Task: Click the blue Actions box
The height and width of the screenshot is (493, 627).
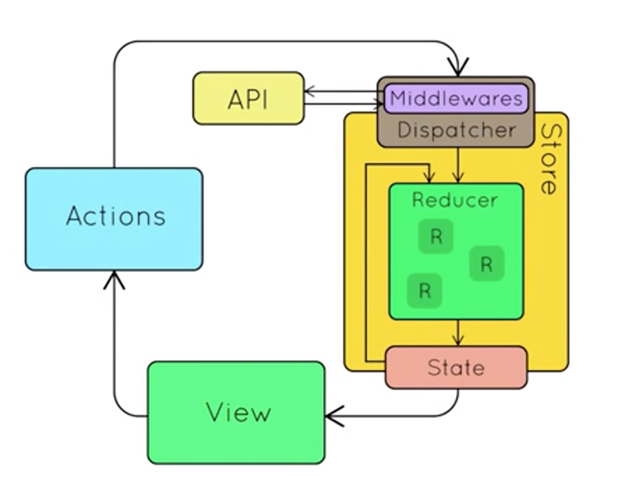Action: [x=114, y=219]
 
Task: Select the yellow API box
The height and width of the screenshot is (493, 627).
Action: [x=248, y=99]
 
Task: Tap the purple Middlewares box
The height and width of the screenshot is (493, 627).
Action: [x=456, y=99]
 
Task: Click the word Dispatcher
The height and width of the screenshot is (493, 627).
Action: [x=456, y=130]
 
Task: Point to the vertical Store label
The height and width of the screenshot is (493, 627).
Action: [x=551, y=158]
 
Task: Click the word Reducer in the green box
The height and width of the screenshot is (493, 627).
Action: [x=455, y=200]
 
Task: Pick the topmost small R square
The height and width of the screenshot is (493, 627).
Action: [x=436, y=236]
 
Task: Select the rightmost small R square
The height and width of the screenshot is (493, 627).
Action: [x=486, y=264]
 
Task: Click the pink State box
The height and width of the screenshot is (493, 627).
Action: [x=456, y=368]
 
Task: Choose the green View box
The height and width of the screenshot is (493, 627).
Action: [x=236, y=413]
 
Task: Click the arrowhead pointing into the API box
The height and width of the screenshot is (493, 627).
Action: [x=309, y=91]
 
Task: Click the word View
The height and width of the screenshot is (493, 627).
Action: [x=238, y=413]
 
